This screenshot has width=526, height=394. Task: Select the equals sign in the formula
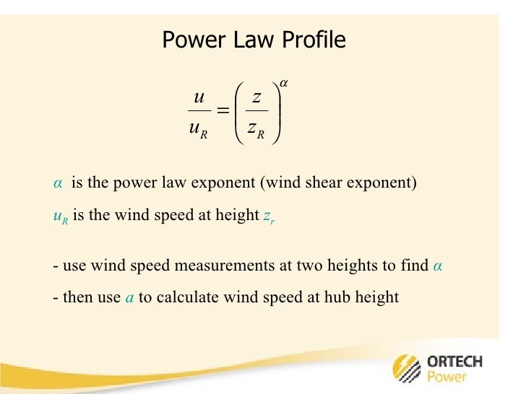pyautogui.click(x=223, y=110)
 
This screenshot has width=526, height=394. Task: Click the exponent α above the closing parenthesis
pyautogui.click(x=285, y=84)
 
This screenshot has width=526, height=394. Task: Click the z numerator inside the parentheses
pyautogui.click(x=256, y=97)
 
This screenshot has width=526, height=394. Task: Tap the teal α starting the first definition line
pyautogui.click(x=58, y=183)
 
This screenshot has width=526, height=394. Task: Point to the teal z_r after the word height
pyautogui.click(x=268, y=216)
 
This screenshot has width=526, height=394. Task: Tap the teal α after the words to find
pyautogui.click(x=437, y=266)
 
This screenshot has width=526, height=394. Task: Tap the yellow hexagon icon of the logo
pyautogui.click(x=403, y=367)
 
